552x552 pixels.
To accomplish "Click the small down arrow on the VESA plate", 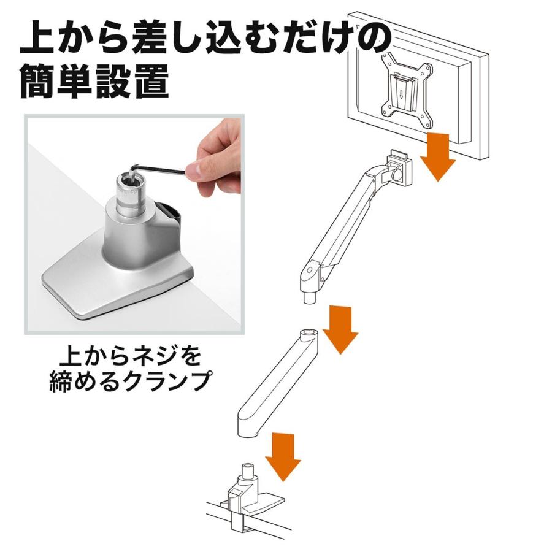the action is click(x=401, y=95).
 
